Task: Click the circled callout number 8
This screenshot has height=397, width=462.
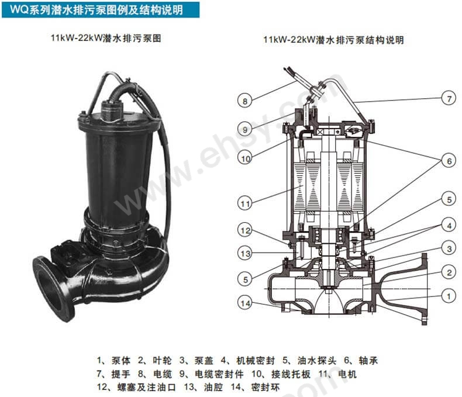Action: click(245, 101)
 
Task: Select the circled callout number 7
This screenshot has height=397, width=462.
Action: click(448, 99)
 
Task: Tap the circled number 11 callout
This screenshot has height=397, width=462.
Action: click(245, 203)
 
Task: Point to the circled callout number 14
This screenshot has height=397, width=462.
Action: click(245, 302)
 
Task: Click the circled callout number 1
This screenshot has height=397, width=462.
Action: click(448, 296)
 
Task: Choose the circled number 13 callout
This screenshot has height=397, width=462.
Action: click(245, 253)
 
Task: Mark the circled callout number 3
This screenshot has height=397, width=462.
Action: click(448, 249)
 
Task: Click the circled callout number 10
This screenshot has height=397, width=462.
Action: click(245, 157)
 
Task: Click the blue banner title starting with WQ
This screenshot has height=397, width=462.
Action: click(99, 9)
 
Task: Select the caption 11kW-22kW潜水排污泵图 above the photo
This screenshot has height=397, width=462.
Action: click(106, 39)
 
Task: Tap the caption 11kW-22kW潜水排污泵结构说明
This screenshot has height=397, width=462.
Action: click(333, 40)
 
